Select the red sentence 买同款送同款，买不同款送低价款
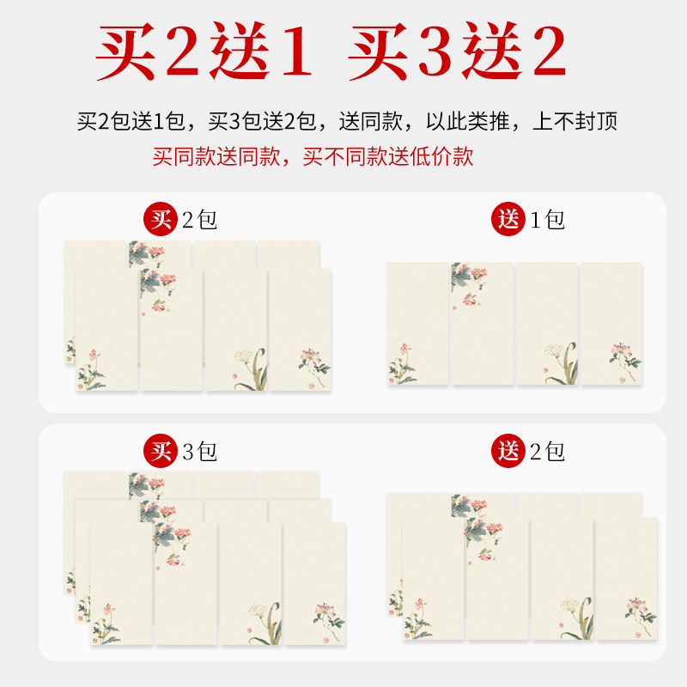pyautogui.click(x=313, y=157)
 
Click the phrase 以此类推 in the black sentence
pyautogui.click(x=469, y=121)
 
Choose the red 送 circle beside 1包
pyautogui.click(x=510, y=220)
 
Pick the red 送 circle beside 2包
pyautogui.click(x=510, y=451)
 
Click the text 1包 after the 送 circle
pyautogui.click(x=548, y=220)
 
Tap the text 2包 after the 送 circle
pyautogui.click(x=548, y=451)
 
